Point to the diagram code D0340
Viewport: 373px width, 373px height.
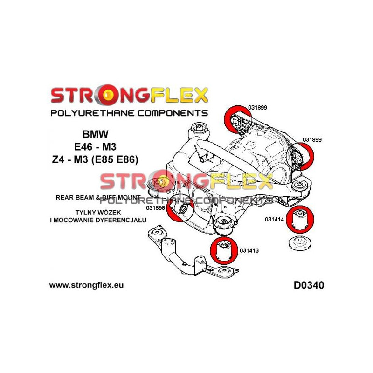tap(309, 284)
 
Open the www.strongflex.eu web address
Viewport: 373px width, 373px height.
tap(86, 284)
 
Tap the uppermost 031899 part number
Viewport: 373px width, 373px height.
tap(257, 107)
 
